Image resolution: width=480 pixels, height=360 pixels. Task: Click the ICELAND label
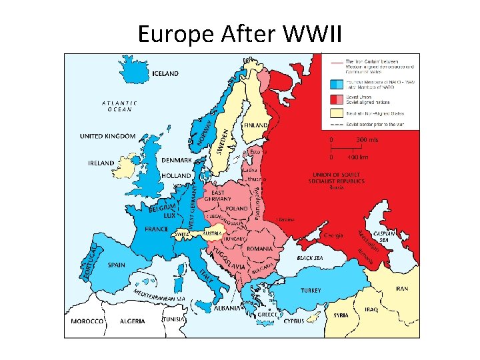[x=165, y=73]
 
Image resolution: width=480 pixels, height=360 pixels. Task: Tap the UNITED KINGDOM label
[x=107, y=136]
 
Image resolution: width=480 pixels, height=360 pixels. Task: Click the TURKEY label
[x=310, y=290]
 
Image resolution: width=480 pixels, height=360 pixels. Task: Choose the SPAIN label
[x=116, y=265]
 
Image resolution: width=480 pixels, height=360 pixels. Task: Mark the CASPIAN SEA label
[x=384, y=238]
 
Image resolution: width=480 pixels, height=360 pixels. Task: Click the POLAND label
[x=236, y=208]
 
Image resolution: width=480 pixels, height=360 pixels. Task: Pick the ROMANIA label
[x=259, y=249]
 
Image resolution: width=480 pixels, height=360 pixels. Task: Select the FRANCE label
[x=157, y=229]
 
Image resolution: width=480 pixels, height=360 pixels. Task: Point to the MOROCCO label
[x=87, y=321]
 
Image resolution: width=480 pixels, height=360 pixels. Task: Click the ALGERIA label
[x=132, y=321]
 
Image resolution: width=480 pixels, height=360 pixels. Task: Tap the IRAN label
[x=402, y=289]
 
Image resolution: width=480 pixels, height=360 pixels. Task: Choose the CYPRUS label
[x=293, y=321]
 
